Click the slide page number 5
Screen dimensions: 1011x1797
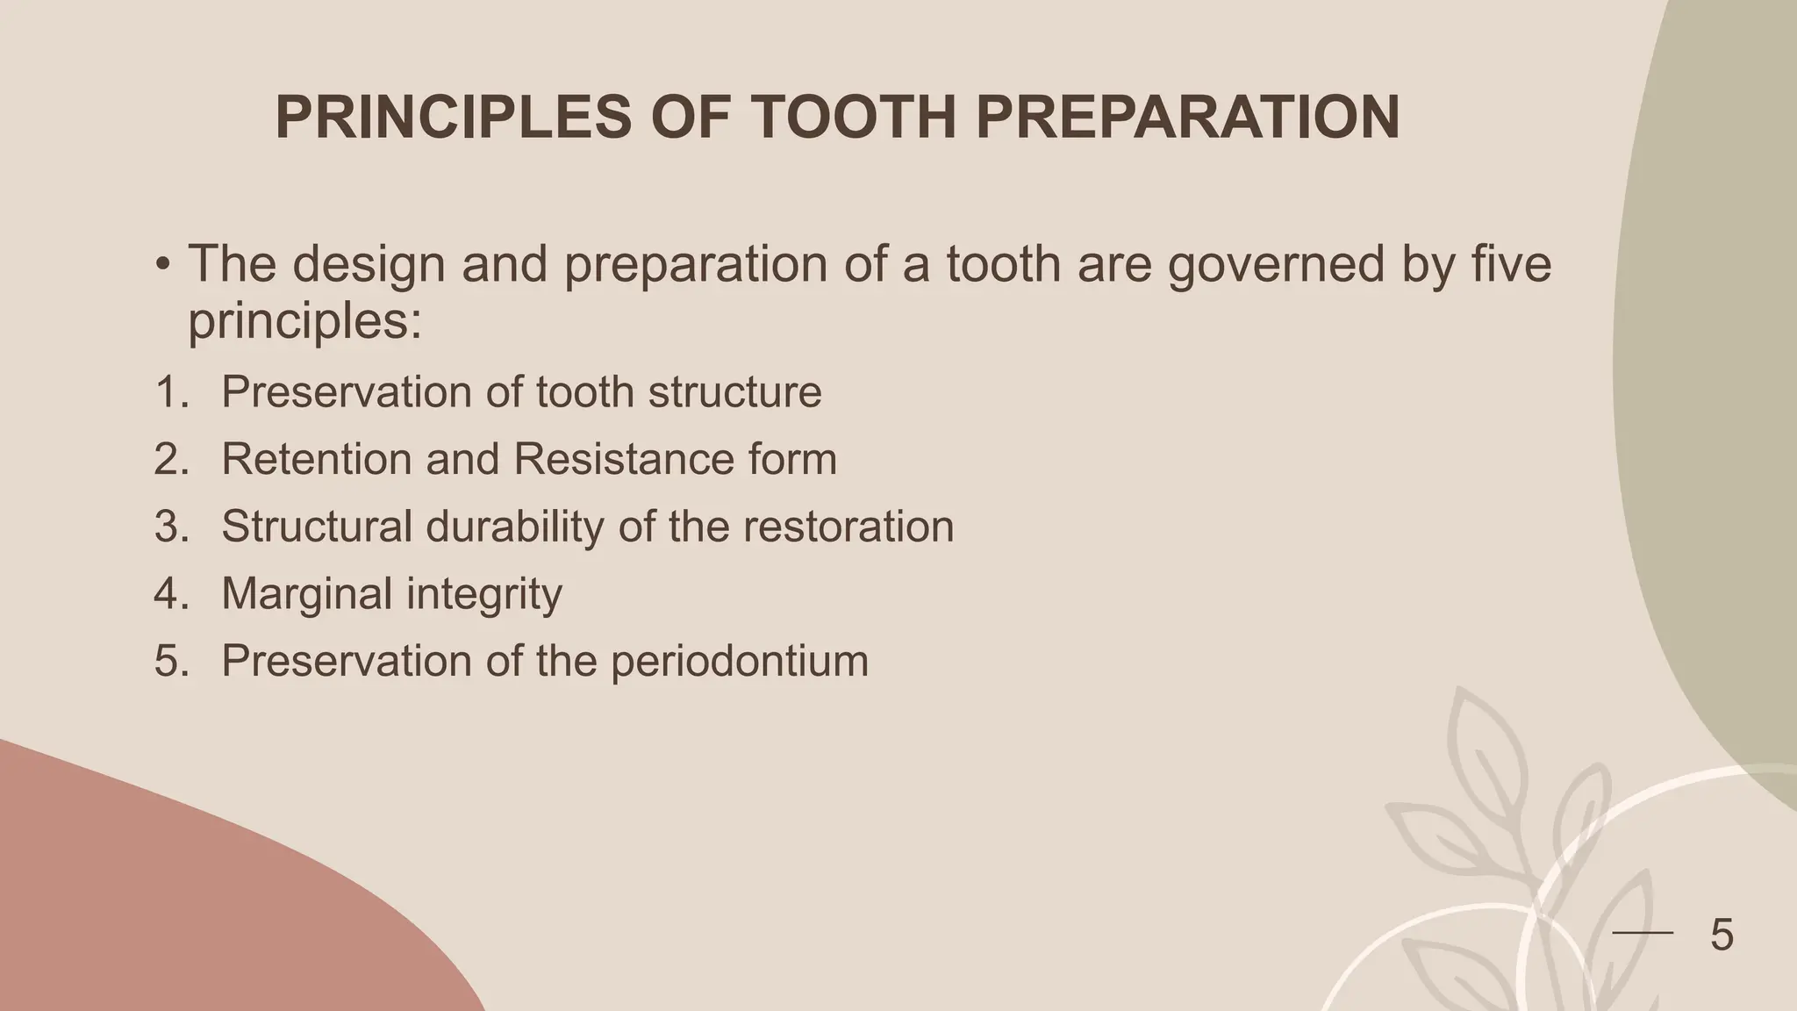(1722, 935)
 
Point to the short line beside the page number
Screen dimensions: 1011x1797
(1643, 933)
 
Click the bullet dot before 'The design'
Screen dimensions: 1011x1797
(162, 265)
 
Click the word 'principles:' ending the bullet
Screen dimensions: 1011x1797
(305, 321)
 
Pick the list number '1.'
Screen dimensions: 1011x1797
(171, 391)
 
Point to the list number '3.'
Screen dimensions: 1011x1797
(171, 527)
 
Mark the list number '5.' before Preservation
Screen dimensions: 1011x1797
(171, 661)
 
